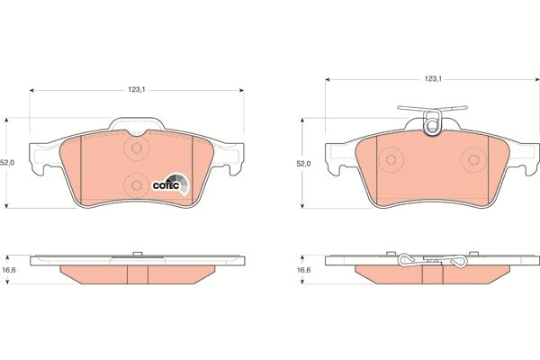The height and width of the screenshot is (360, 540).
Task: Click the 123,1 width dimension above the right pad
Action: coord(433,80)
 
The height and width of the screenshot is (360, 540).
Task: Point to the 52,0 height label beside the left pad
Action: coord(7,163)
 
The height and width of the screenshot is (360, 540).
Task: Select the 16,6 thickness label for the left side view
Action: coord(7,270)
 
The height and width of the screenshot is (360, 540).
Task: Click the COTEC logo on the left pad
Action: coord(170,185)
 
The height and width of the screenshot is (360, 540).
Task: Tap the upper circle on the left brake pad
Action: coord(137,149)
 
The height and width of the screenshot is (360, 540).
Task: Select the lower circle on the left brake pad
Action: coord(137,185)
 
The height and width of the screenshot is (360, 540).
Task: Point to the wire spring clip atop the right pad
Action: coord(432,121)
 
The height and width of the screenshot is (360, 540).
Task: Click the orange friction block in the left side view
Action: coord(137,274)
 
